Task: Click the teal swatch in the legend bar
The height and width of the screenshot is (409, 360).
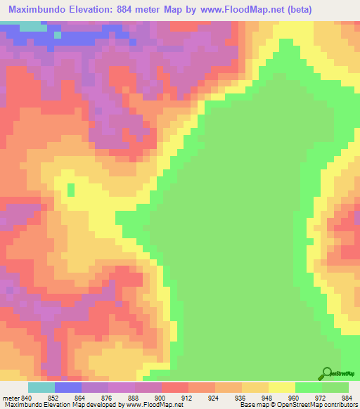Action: [x=41, y=387]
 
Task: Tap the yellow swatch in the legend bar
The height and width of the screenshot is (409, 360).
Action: [x=281, y=387]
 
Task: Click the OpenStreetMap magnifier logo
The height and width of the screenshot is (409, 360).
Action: [x=327, y=373]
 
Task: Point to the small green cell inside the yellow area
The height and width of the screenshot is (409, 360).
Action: [x=70, y=188]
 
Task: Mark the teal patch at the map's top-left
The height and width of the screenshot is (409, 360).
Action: [x=30, y=26]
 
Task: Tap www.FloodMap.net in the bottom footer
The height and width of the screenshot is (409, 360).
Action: [x=154, y=404]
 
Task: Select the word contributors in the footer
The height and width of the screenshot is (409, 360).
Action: [x=338, y=404]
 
